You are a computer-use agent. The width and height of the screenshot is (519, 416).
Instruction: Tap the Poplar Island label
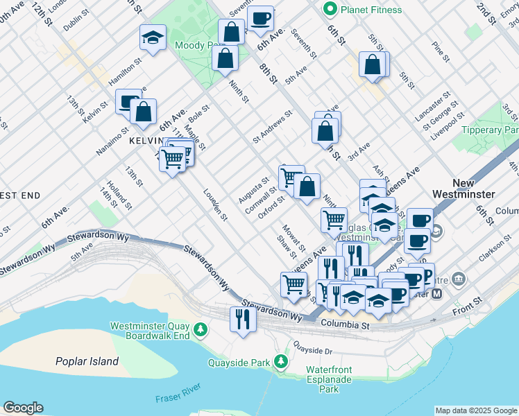tap(87, 361)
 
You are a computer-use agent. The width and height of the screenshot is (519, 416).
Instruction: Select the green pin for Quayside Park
tap(280, 361)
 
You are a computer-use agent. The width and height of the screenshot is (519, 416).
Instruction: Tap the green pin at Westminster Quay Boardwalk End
tap(200, 328)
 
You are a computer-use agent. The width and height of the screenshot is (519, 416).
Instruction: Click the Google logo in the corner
tap(23, 408)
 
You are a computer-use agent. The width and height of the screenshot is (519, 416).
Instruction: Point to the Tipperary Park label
tap(490, 130)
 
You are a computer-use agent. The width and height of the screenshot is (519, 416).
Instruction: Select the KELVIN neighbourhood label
tap(145, 141)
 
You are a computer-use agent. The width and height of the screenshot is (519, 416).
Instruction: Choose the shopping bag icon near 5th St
tap(373, 64)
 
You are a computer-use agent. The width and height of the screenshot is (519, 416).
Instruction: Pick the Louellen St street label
tap(215, 205)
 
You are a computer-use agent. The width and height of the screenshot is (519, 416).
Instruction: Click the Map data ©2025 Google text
tap(475, 410)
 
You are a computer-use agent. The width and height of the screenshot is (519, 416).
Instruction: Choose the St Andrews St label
tap(273, 125)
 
